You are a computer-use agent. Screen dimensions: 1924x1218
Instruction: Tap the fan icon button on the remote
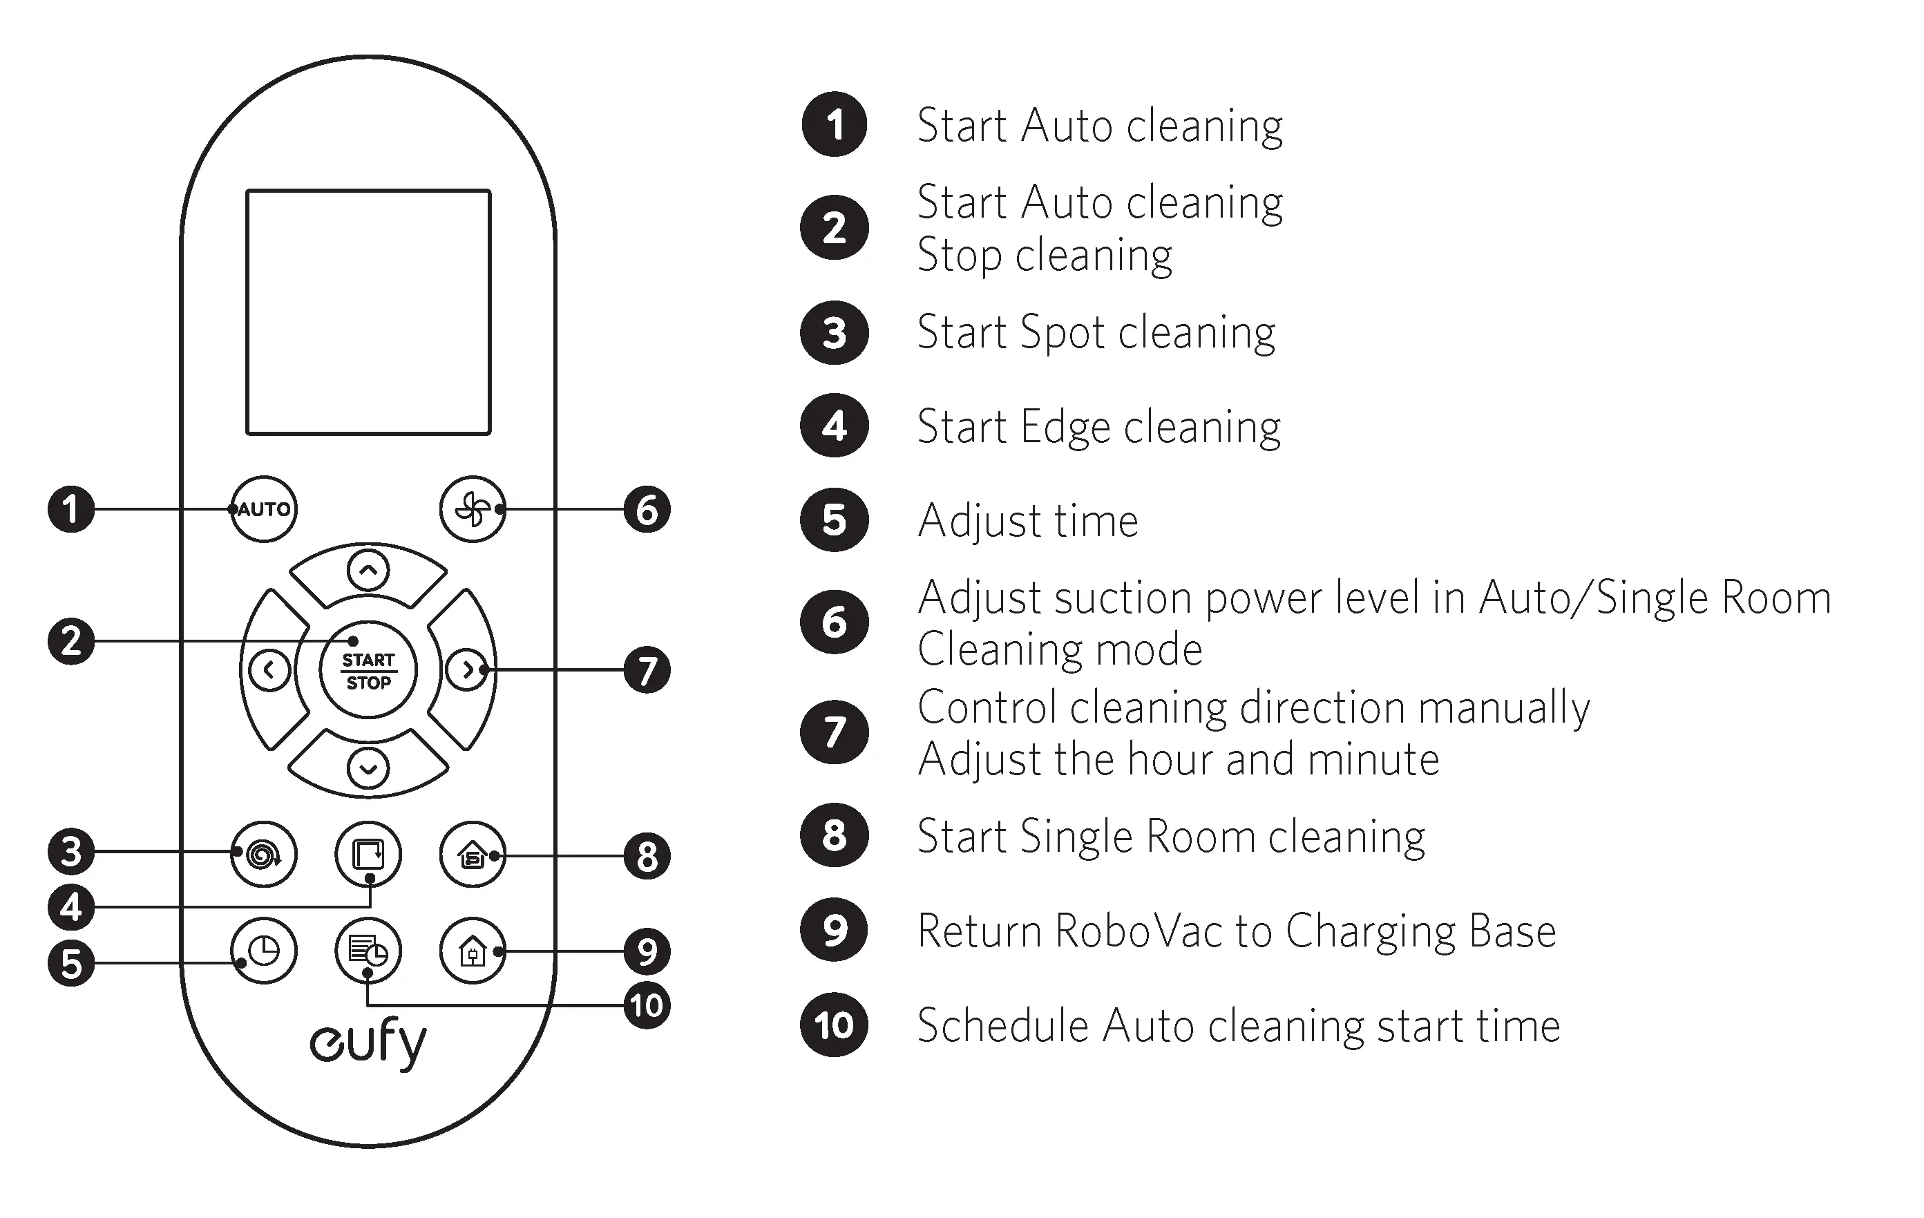pyautogui.click(x=473, y=509)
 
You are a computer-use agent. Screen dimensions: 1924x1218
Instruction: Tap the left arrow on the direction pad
pyautogui.click(x=269, y=669)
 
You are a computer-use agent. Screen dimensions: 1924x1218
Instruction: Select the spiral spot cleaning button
pyautogui.click(x=264, y=855)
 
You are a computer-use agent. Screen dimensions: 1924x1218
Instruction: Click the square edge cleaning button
pyautogui.click(x=368, y=855)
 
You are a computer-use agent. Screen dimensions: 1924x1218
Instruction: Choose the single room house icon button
pyautogui.click(x=473, y=855)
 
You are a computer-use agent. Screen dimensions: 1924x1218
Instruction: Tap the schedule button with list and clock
pyautogui.click(x=368, y=950)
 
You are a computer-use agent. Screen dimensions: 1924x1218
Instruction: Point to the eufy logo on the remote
pyautogui.click(x=368, y=1043)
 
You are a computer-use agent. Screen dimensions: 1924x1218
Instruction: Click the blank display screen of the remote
pyautogui.click(x=368, y=312)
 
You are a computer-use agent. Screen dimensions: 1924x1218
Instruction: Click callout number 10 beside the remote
pyautogui.click(x=647, y=1005)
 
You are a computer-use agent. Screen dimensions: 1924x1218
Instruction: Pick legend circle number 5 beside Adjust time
pyautogui.click(x=834, y=520)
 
